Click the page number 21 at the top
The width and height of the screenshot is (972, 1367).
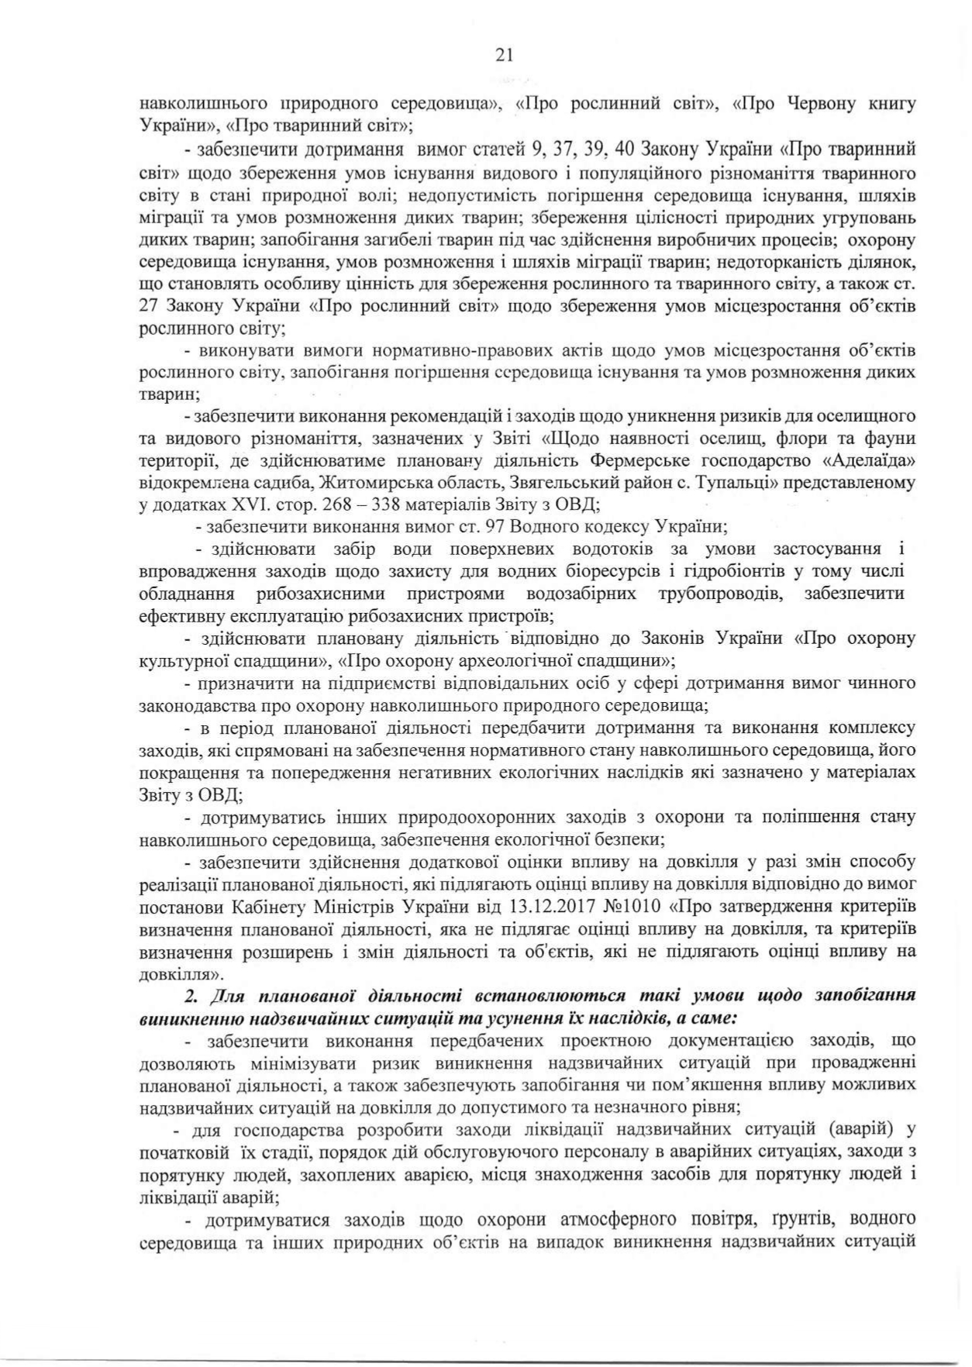point(504,55)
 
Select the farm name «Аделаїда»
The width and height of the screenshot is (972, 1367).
point(870,462)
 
